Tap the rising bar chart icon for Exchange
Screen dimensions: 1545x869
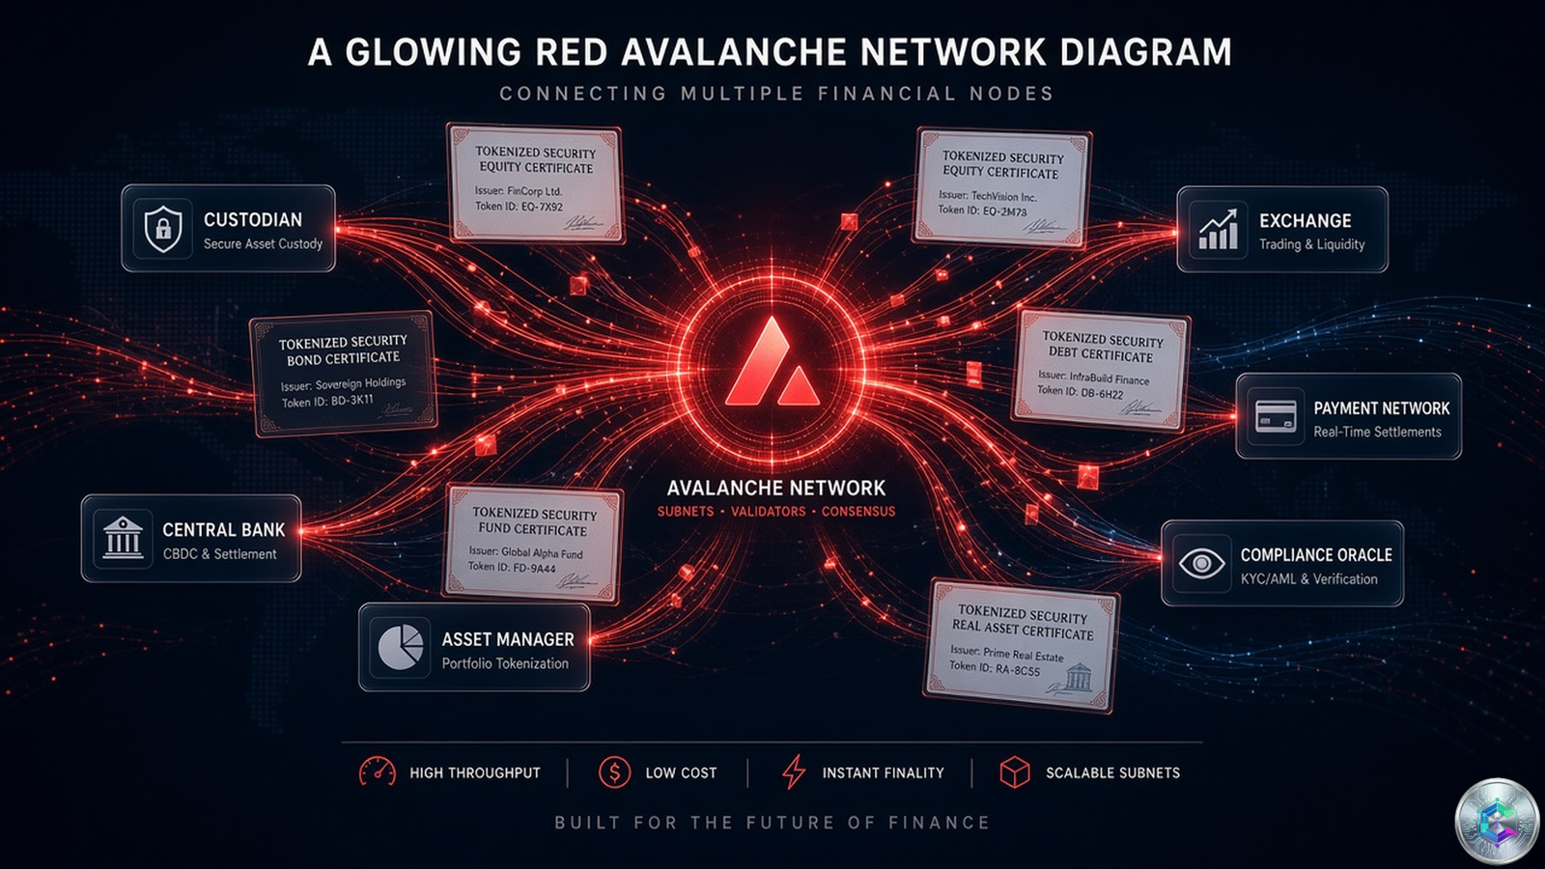coord(1218,230)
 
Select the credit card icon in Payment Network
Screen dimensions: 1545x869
coord(1276,416)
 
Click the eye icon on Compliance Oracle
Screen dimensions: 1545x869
coord(1201,564)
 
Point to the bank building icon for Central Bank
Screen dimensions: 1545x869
coord(123,538)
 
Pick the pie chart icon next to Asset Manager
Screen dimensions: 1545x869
coord(401,647)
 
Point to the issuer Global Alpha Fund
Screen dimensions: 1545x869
coord(525,552)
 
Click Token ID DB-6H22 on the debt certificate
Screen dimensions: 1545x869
coord(1081,392)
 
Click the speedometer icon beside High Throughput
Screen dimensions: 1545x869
coord(378,772)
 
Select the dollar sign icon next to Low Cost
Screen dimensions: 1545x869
coord(614,771)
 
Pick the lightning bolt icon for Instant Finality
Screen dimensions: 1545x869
coord(794,771)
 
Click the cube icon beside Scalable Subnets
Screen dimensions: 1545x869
coord(1015,771)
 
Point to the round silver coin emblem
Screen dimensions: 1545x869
coord(1497,822)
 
